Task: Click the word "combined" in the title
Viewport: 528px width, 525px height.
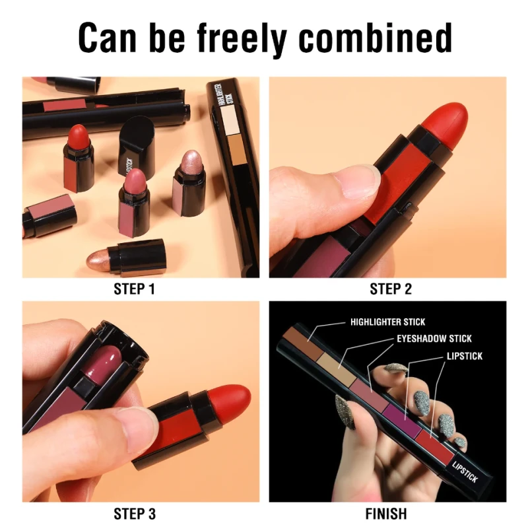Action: (x=375, y=38)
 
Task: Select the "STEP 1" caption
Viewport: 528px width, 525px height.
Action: (x=135, y=289)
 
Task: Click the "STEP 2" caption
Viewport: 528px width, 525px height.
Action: (x=391, y=289)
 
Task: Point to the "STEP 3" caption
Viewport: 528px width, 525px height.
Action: (x=135, y=514)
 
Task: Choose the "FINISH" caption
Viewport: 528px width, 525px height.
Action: (x=386, y=514)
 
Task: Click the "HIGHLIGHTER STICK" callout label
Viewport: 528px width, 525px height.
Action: (x=387, y=322)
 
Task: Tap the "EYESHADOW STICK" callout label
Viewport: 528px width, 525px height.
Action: (x=434, y=339)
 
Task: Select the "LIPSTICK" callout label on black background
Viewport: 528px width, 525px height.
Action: (x=465, y=356)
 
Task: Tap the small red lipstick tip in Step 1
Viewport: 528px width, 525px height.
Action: (x=79, y=134)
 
